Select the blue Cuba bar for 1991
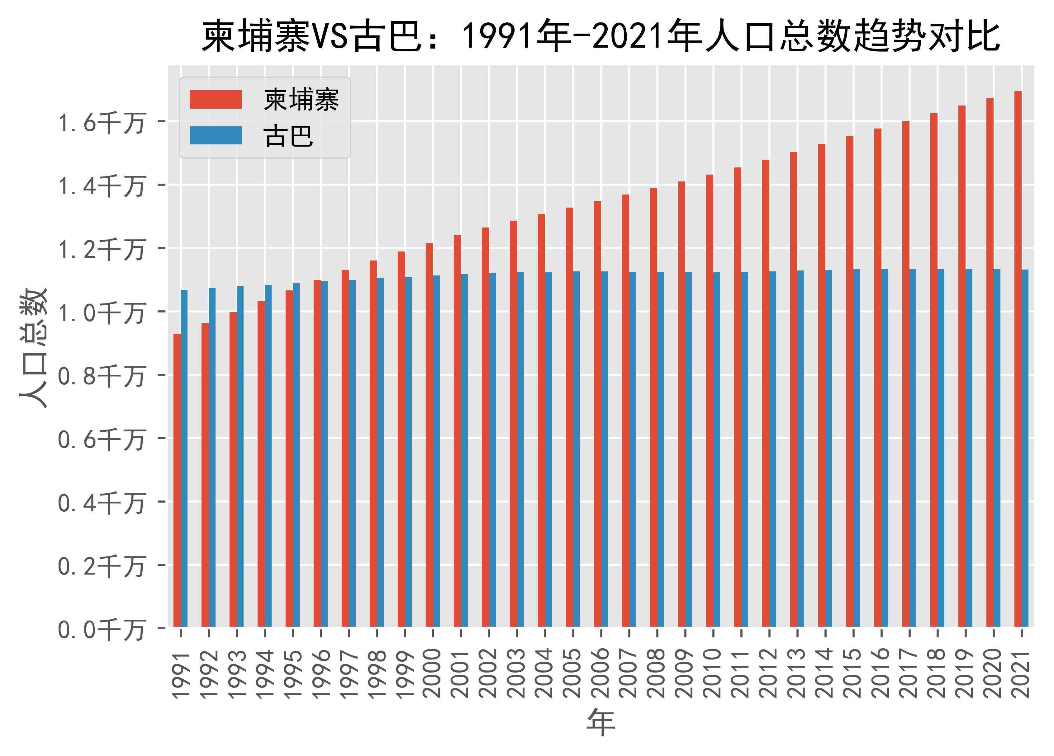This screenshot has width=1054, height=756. pos(184,458)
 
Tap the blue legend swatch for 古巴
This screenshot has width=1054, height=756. pos(216,136)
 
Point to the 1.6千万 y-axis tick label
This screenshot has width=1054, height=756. pos(101,123)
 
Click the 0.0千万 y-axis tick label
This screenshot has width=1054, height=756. pos(101,630)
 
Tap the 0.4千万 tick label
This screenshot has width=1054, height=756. pos(101,503)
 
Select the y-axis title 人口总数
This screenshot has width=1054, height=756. pos(33,348)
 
